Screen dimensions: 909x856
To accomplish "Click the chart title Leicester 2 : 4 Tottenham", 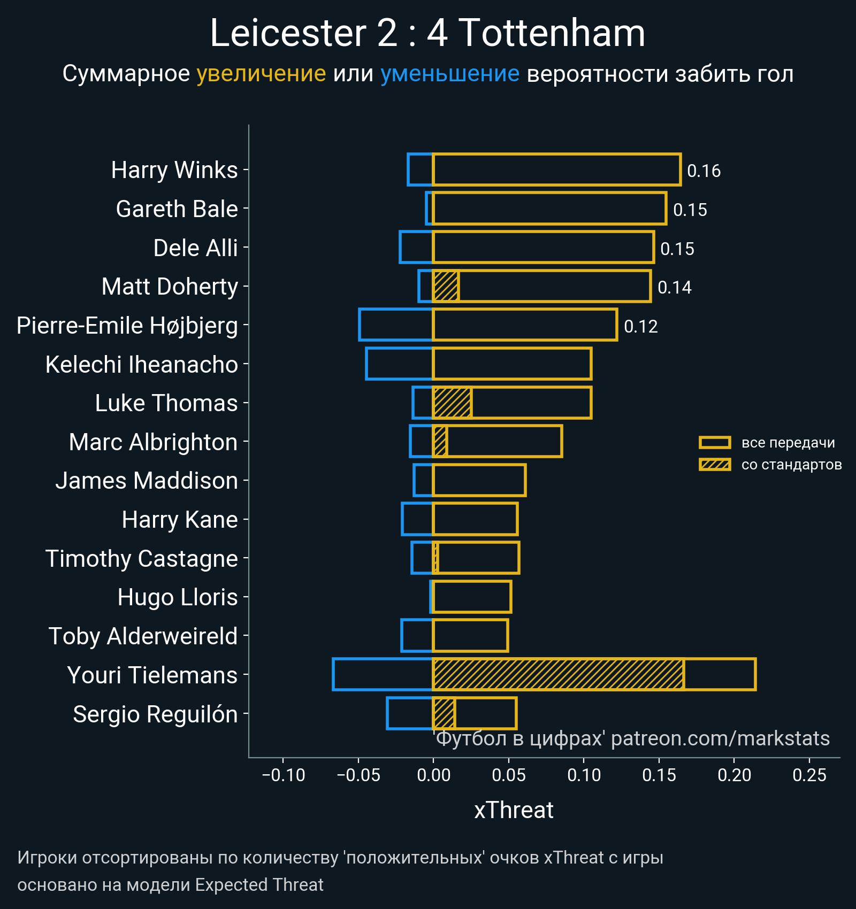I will click(x=427, y=33).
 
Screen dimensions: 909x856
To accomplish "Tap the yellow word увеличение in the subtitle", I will click(x=261, y=74).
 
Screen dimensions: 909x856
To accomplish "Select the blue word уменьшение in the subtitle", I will click(x=449, y=74).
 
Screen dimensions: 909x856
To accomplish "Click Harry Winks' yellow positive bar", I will click(x=556, y=170).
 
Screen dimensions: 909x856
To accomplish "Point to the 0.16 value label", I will click(x=704, y=171).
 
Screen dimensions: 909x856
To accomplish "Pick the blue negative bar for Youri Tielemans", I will click(x=383, y=674).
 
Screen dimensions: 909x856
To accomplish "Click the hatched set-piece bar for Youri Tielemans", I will click(x=558, y=674).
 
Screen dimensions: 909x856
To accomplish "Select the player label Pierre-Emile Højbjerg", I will click(x=127, y=326).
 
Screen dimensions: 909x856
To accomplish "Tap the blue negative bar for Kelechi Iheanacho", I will click(x=399, y=364).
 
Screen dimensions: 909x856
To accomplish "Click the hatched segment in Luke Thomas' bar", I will click(x=452, y=403).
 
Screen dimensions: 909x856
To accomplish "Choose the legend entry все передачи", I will click(x=788, y=443).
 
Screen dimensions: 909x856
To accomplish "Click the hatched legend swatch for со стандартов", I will click(x=715, y=465).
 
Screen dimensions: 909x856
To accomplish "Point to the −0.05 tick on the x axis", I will click(x=358, y=775).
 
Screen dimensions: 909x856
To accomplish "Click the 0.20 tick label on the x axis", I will click(x=734, y=775).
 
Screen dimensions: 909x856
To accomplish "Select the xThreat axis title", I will click(x=514, y=810).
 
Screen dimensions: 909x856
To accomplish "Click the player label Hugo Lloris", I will click(x=177, y=597).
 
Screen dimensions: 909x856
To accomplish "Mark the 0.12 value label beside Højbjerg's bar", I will click(x=640, y=327).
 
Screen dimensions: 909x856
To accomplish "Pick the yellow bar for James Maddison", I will click(x=479, y=480).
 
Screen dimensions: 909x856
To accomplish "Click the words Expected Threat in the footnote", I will click(x=259, y=885).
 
